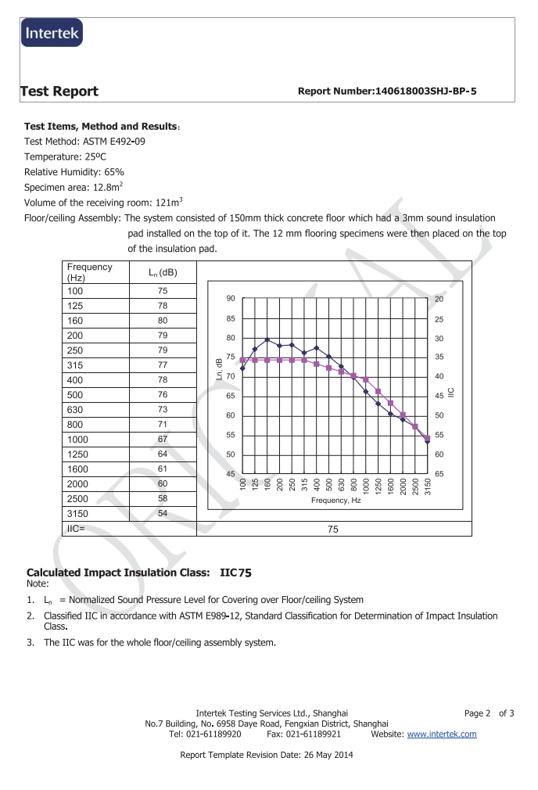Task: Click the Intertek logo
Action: pyautogui.click(x=52, y=32)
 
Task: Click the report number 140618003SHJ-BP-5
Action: pyautogui.click(x=387, y=92)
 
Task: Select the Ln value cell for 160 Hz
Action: pyautogui.click(x=163, y=321)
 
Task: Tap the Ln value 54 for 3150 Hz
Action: pyautogui.click(x=163, y=513)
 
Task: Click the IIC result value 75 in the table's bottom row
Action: pyautogui.click(x=333, y=530)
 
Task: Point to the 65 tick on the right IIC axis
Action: pyautogui.click(x=439, y=474)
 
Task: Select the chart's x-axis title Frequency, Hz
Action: pyautogui.click(x=335, y=499)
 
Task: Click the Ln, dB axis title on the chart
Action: pyautogui.click(x=220, y=367)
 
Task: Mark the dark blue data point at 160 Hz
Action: pyautogui.click(x=267, y=340)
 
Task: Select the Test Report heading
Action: pyautogui.click(x=60, y=92)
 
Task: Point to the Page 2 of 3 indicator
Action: pyautogui.click(x=489, y=713)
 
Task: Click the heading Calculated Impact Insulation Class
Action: pyautogui.click(x=118, y=573)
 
